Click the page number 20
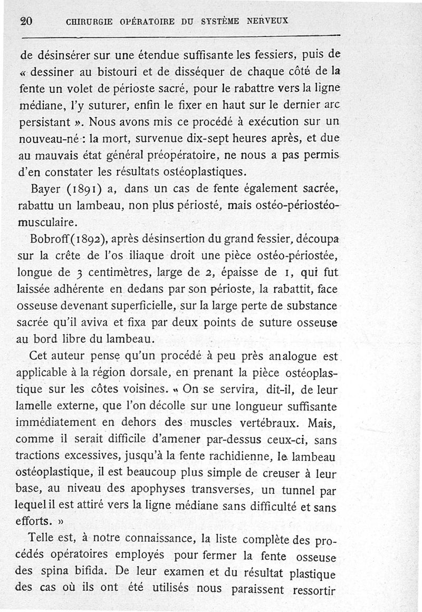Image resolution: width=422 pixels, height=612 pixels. (26, 22)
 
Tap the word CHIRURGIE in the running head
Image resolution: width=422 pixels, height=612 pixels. (89, 22)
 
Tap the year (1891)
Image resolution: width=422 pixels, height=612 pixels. (84, 190)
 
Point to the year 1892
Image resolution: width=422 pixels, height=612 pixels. (93, 241)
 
